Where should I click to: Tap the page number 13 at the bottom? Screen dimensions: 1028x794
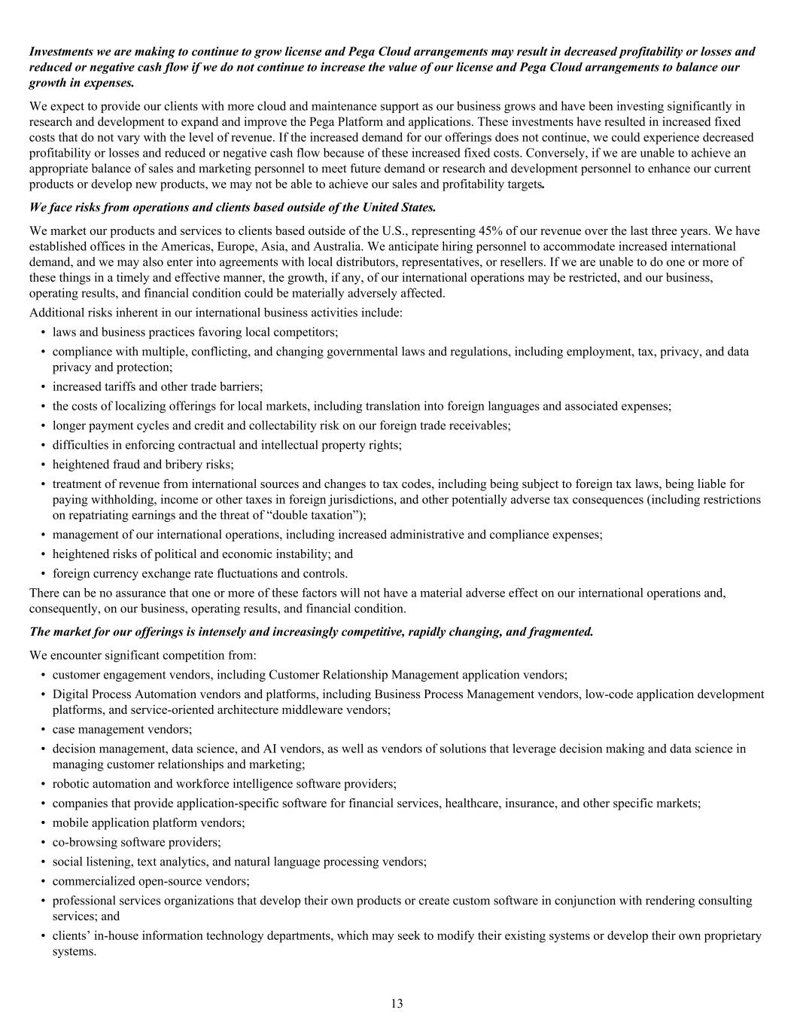click(397, 1003)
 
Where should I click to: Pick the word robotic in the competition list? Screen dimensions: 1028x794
click(71, 783)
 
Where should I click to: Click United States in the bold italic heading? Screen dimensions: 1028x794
click(397, 206)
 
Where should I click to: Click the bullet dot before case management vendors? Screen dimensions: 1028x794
click(43, 729)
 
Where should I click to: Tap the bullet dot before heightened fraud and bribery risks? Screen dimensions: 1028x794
click(43, 465)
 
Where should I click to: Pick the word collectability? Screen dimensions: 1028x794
click(294, 426)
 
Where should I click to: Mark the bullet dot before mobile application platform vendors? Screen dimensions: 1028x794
click(43, 822)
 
